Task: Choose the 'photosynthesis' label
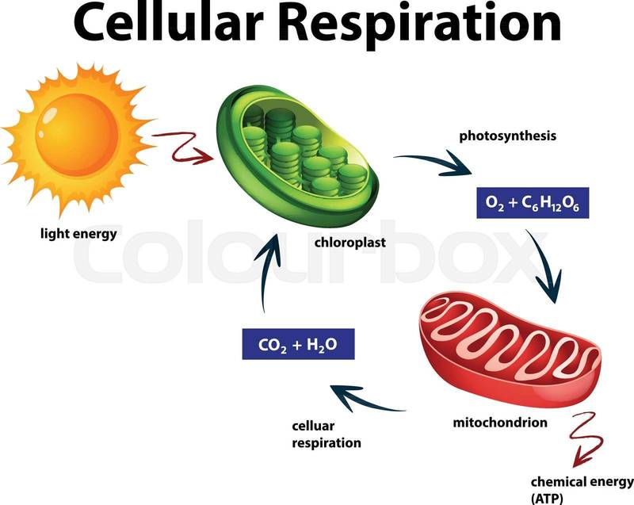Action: pyautogui.click(x=508, y=136)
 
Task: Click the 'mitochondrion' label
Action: pyautogui.click(x=500, y=423)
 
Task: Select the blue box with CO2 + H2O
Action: pyautogui.click(x=296, y=345)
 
